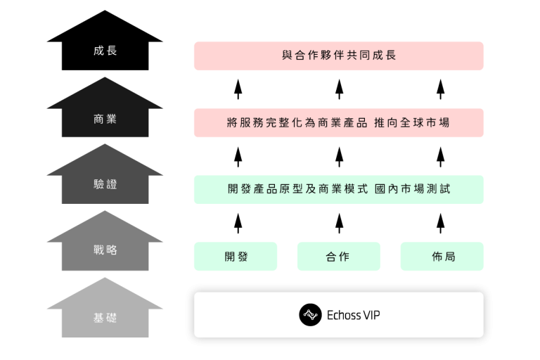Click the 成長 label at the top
pyautogui.click(x=105, y=51)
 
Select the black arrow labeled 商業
pyautogui.click(x=105, y=118)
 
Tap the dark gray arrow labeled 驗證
pyautogui.click(x=105, y=184)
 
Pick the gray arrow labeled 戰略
pyautogui.click(x=105, y=250)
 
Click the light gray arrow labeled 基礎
pyautogui.click(x=105, y=317)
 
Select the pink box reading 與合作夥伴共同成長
pyautogui.click(x=338, y=56)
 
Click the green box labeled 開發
pyautogui.click(x=236, y=257)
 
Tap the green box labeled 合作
pyautogui.click(x=338, y=257)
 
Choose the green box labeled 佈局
pyautogui.click(x=442, y=257)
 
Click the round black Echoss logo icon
pyautogui.click(x=310, y=315)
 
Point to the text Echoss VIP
pyautogui.click(x=354, y=315)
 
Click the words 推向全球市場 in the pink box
pyautogui.click(x=414, y=122)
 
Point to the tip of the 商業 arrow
pyautogui.click(x=105, y=78)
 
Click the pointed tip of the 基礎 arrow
pyautogui.click(x=105, y=278)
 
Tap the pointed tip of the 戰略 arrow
pyautogui.click(x=105, y=211)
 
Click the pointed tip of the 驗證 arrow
pyautogui.click(x=105, y=145)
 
